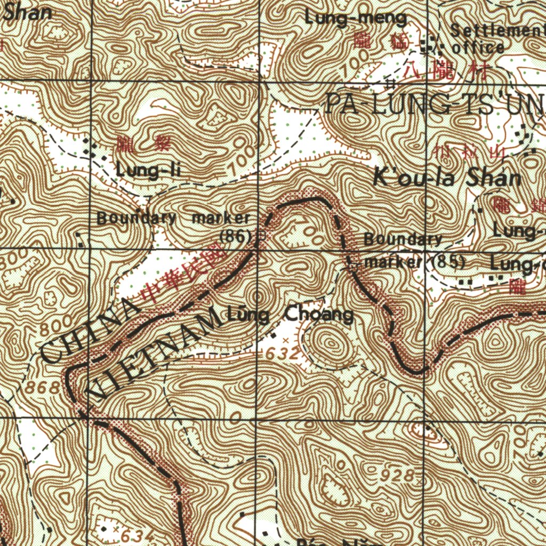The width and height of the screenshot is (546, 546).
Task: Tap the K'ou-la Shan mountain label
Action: coord(447,178)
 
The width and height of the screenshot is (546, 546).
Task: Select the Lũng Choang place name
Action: coord(290,315)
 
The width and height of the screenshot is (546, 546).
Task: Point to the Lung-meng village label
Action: coord(356,19)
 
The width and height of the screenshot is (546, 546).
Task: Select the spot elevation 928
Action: coord(398,475)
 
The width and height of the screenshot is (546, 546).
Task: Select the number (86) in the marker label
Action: coord(236,235)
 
